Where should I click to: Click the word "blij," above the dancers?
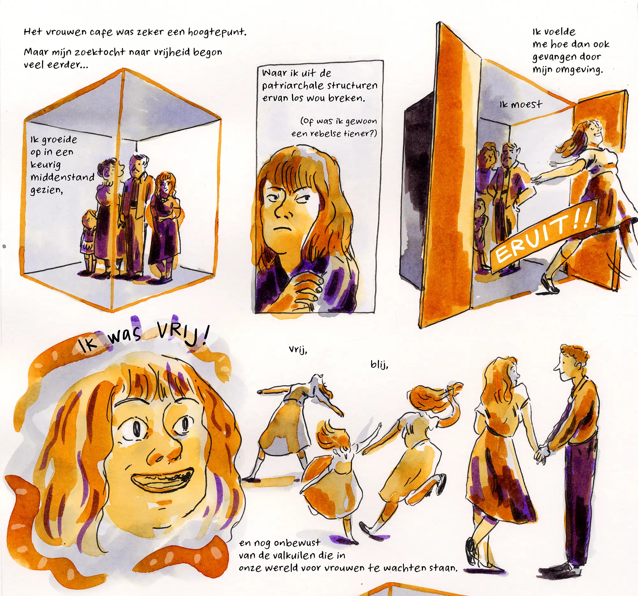(x=379, y=365)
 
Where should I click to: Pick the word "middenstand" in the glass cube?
(x=62, y=177)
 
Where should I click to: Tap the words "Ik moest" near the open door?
(x=521, y=105)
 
